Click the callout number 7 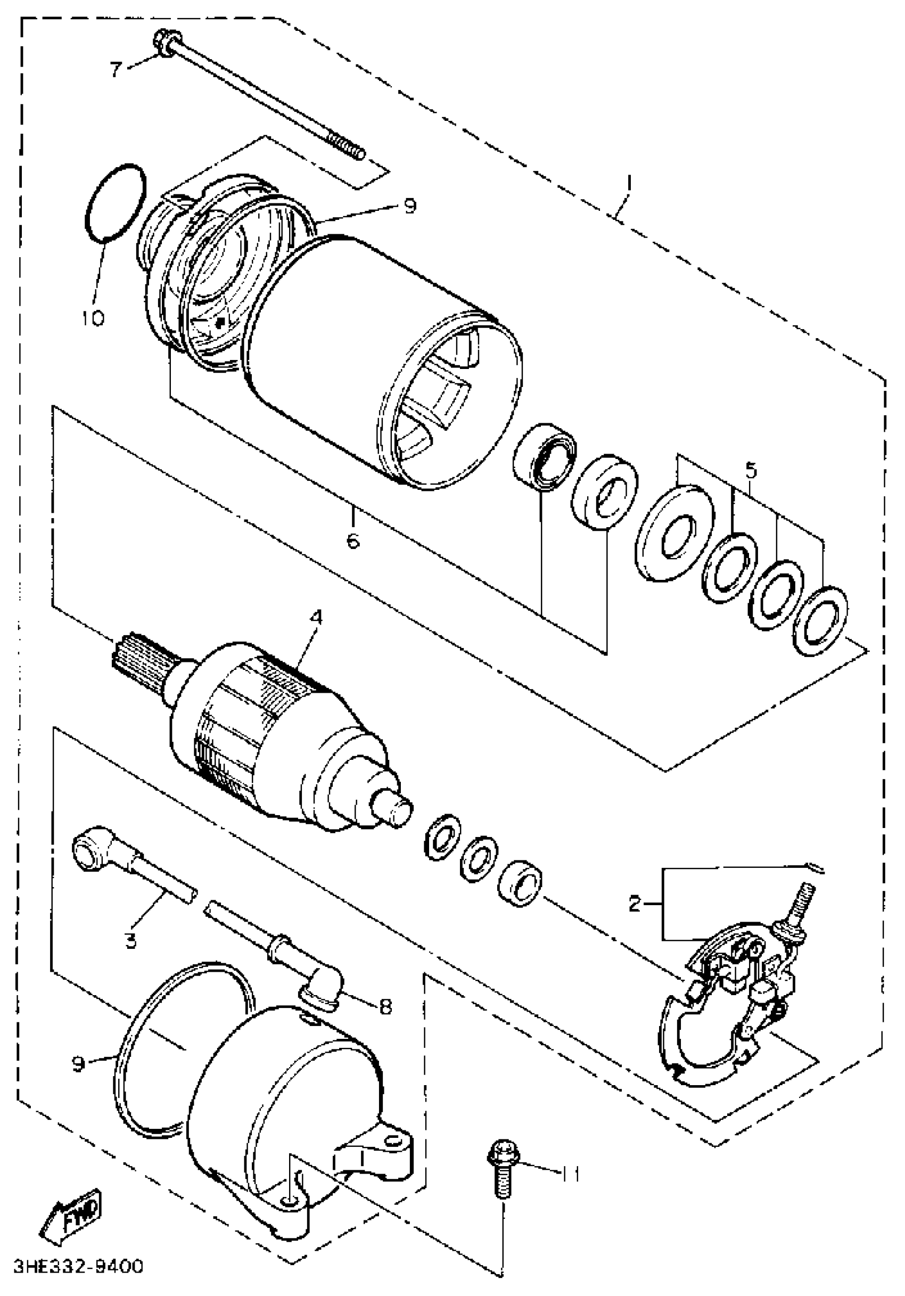pyautogui.click(x=116, y=69)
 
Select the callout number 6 pyautogui.click(x=352, y=541)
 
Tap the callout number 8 pyautogui.click(x=385, y=1007)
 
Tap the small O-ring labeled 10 pyautogui.click(x=116, y=204)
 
